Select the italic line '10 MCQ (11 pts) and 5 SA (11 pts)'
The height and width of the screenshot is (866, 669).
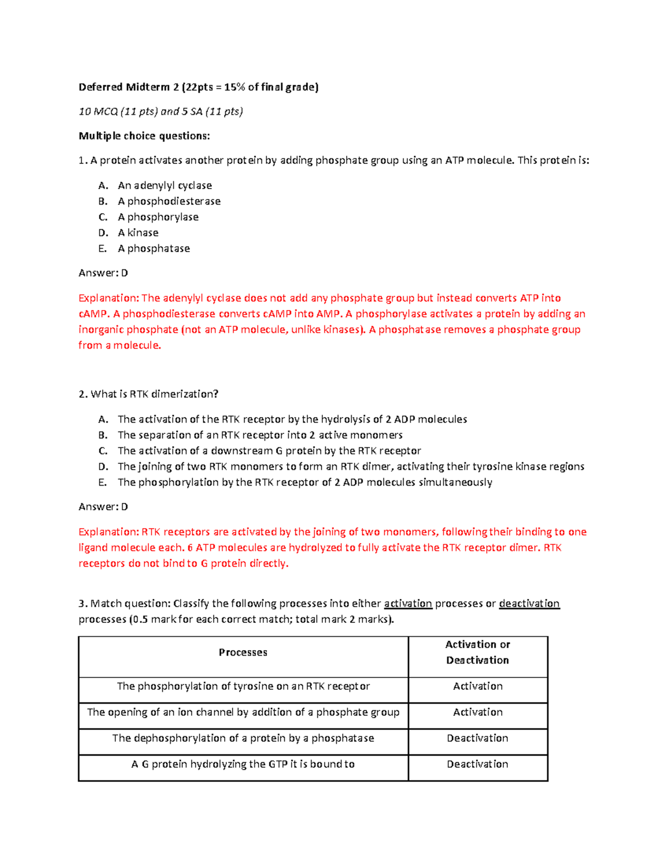(161, 112)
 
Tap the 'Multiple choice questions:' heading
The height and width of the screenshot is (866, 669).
(144, 136)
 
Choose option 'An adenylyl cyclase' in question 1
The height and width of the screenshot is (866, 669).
(164, 185)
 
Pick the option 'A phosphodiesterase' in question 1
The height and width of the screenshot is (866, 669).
(169, 201)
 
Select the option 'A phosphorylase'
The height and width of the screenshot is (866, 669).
(158, 217)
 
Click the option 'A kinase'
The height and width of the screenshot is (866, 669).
(138, 233)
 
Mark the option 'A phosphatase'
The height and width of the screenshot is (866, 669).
(153, 249)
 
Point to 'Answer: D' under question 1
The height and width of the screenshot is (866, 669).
(103, 273)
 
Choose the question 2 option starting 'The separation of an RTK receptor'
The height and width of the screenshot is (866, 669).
(260, 435)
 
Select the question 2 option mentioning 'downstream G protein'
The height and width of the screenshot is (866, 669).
(269, 451)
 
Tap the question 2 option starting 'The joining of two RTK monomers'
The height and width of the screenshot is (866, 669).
(351, 467)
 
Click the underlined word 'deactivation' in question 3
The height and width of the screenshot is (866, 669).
(529, 603)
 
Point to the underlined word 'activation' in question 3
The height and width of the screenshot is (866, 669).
(408, 603)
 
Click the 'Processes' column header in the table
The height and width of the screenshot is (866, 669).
(243, 652)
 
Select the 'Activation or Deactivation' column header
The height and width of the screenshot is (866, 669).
(478, 652)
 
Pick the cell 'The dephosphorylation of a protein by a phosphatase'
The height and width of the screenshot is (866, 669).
(243, 738)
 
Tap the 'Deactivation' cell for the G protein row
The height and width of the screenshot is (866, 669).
(478, 765)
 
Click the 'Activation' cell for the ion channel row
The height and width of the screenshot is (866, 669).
(478, 713)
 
